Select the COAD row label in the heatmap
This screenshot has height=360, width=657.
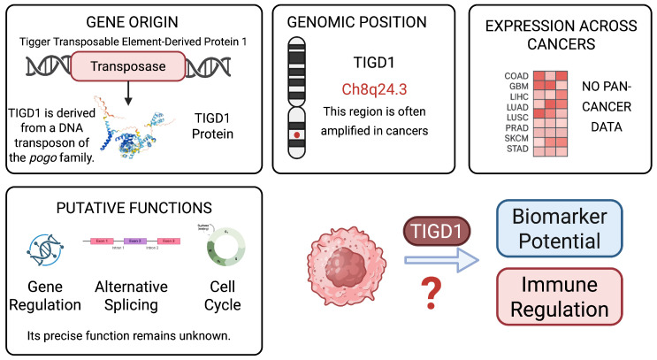[517, 76]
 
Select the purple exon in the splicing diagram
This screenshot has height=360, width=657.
[135, 240]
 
